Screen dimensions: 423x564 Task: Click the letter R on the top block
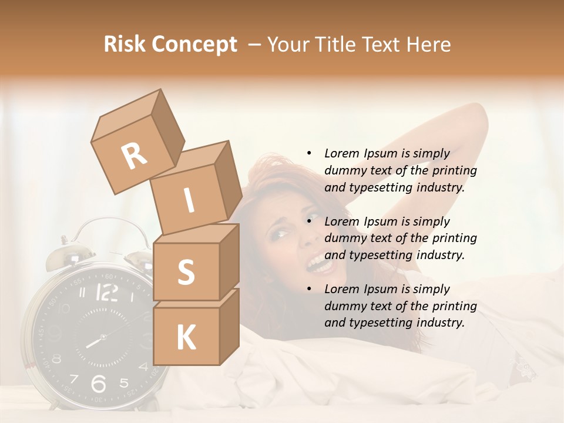click(x=135, y=156)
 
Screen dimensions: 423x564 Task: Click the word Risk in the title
click(x=126, y=44)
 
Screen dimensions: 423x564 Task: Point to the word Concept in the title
click(x=195, y=45)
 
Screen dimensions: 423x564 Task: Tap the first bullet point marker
click(x=309, y=153)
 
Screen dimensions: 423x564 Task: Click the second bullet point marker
click(x=309, y=221)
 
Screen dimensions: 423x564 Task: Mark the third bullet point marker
click(x=309, y=289)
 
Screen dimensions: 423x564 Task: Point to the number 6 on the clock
click(x=99, y=384)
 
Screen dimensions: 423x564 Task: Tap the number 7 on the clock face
click(x=75, y=378)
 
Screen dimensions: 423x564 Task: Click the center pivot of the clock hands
click(x=103, y=337)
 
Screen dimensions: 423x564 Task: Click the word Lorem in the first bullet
click(x=342, y=153)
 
